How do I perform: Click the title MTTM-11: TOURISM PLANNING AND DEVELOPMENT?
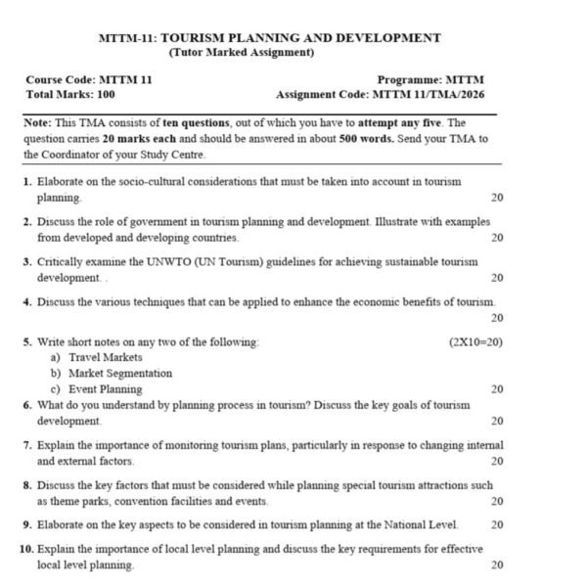point(270,38)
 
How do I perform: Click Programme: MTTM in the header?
point(430,80)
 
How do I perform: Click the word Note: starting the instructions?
point(38,122)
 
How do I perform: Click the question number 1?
point(26,182)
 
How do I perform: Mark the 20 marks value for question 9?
point(497,525)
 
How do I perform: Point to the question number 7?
point(27,444)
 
